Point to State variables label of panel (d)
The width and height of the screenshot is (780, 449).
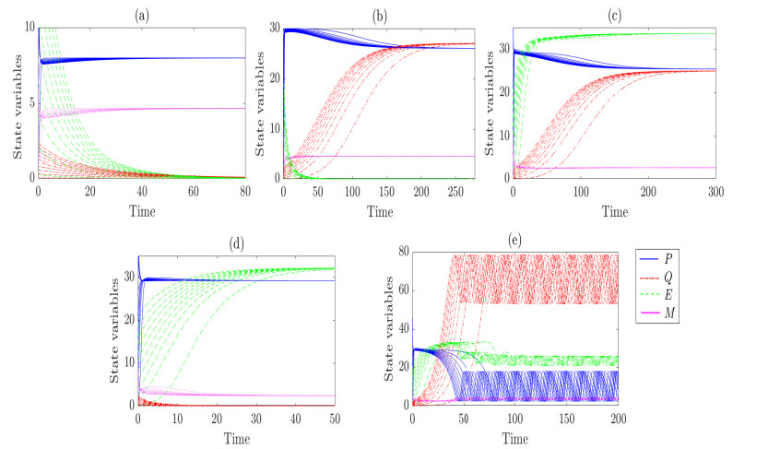[116, 330]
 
